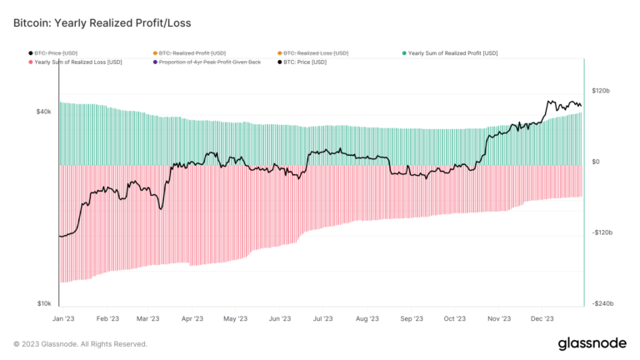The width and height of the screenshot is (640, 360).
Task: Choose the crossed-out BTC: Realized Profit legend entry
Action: (201, 52)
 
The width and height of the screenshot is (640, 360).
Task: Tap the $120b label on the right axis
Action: (601, 91)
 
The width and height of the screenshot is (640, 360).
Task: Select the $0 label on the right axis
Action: (596, 162)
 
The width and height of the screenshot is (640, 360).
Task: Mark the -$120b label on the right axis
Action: (602, 232)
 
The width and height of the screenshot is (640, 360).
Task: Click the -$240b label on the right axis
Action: (602, 303)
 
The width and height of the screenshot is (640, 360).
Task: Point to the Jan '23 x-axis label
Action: (63, 318)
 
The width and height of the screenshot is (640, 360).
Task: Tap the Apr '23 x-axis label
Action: (192, 318)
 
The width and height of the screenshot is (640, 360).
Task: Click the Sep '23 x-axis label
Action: (411, 318)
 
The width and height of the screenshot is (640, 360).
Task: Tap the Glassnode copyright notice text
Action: (80, 343)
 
